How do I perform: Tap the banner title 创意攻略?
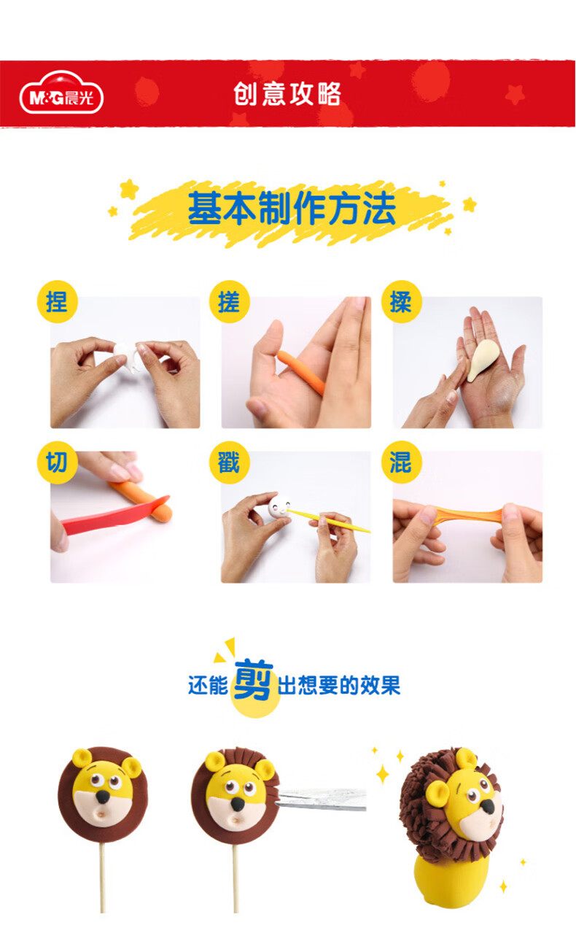[x=287, y=94]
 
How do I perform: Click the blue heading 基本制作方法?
[x=292, y=208]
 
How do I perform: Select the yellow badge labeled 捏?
[x=58, y=302]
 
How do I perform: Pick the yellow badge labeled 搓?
[x=230, y=302]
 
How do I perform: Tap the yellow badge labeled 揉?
[x=402, y=302]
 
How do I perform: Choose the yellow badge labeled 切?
[x=58, y=463]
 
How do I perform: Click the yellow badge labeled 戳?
[x=230, y=463]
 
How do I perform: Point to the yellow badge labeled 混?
[x=402, y=463]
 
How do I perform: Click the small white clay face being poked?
[x=279, y=506]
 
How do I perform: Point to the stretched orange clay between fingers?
[x=468, y=514]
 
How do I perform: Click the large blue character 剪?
[x=253, y=679]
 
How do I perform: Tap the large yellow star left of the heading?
[x=128, y=189]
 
